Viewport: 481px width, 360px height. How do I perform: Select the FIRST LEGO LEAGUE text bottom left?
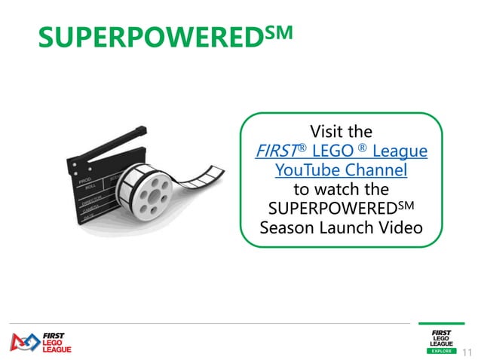pos(52,341)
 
